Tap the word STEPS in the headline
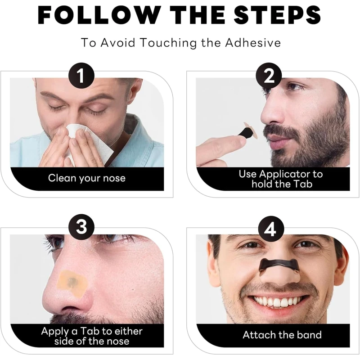tap(277, 15)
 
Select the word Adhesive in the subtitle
tap(253, 42)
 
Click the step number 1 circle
tap(81, 76)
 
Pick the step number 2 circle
tap(269, 76)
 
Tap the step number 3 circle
tap(81, 226)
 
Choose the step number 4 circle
tap(271, 229)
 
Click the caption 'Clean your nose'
tap(87, 178)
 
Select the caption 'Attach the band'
tap(282, 335)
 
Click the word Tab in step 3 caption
tap(90, 331)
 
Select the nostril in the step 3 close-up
tap(69, 309)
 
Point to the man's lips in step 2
tap(274, 141)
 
